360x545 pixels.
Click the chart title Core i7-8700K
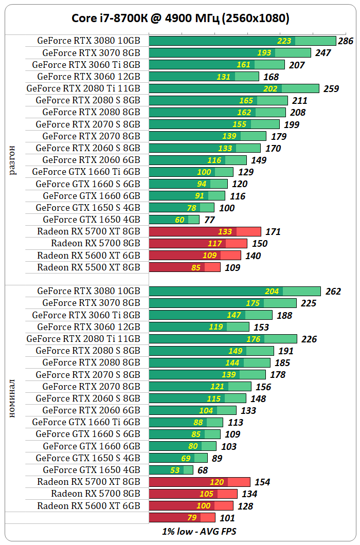pyautogui.click(x=180, y=19)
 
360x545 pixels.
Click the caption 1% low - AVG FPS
pyautogui.click(x=199, y=531)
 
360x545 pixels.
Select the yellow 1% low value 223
pyautogui.click(x=284, y=41)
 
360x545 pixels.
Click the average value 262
pyautogui.click(x=333, y=292)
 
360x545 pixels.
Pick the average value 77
pyautogui.click(x=209, y=220)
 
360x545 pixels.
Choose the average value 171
pyautogui.click(x=273, y=232)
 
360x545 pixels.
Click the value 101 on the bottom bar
pyautogui.click(x=227, y=518)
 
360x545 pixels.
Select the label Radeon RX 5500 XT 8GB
pyautogui.click(x=88, y=267)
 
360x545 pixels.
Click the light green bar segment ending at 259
pyautogui.click(x=300, y=88)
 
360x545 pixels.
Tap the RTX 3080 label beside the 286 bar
pyautogui.click(x=88, y=41)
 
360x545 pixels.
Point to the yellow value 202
pyautogui.click(x=270, y=88)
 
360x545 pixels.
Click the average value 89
pyautogui.click(x=218, y=458)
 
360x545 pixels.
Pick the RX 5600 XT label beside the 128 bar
pyautogui.click(x=88, y=506)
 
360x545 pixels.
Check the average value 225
pyautogui.click(x=309, y=303)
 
